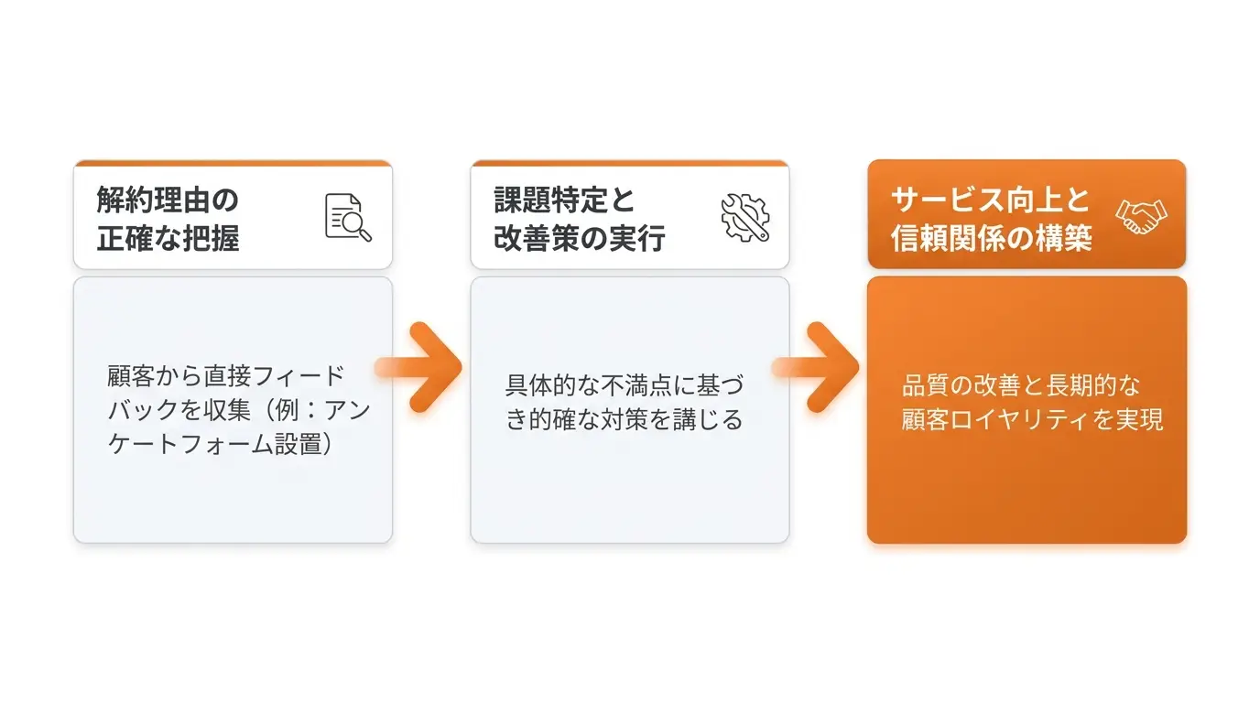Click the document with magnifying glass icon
[348, 218]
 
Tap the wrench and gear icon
[745, 218]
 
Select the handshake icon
[1141, 217]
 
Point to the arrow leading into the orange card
[816, 367]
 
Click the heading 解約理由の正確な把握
[168, 219]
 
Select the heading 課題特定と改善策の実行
[580, 219]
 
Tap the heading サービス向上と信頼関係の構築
[991, 219]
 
